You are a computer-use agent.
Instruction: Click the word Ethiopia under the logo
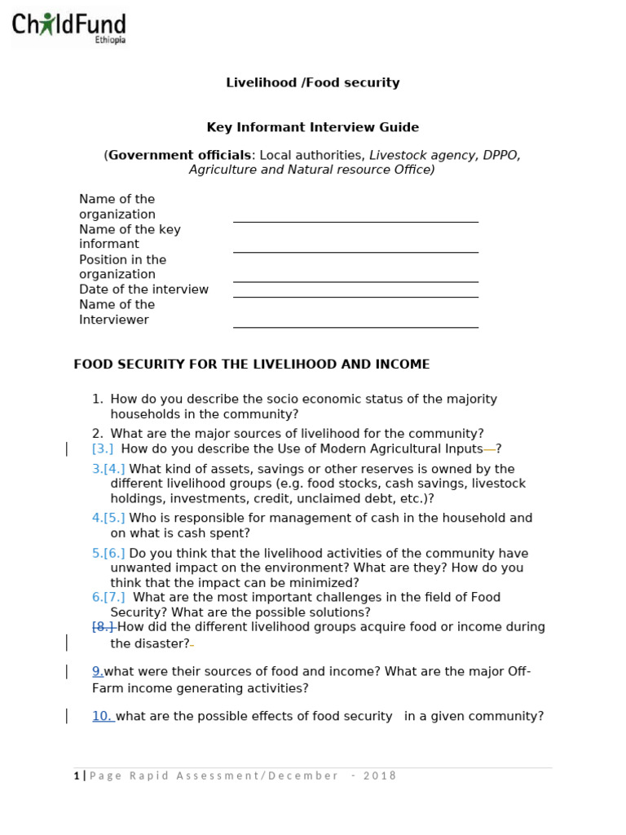[x=110, y=40]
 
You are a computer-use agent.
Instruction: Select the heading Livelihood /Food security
[x=312, y=82]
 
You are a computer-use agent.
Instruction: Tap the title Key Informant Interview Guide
[x=312, y=127]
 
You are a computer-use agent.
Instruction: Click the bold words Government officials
[x=180, y=155]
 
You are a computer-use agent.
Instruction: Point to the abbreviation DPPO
[x=502, y=155]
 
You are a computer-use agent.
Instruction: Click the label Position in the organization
[x=122, y=267]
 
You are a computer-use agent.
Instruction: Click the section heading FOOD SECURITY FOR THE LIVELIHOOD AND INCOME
[x=252, y=364]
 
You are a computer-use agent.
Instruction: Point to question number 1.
[x=98, y=399]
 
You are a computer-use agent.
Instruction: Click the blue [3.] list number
[x=103, y=448]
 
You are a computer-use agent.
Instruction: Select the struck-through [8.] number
[x=104, y=627]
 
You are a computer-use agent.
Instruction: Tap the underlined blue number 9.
[x=97, y=671]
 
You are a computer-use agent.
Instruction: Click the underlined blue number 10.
[x=102, y=716]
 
